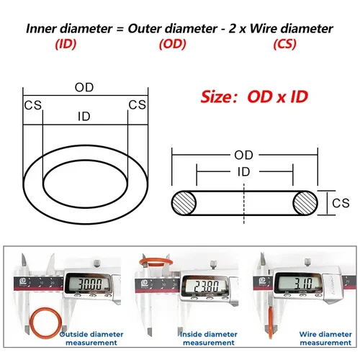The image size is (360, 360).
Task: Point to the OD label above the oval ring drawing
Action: click(x=84, y=87)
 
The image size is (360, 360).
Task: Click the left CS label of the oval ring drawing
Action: click(x=32, y=105)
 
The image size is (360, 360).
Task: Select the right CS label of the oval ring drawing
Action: click(x=137, y=105)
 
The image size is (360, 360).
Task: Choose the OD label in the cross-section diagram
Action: click(x=243, y=155)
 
